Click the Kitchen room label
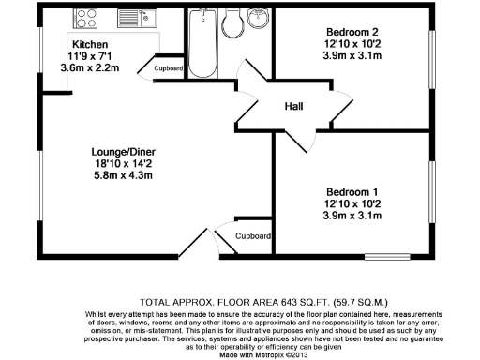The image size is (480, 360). point(90,44)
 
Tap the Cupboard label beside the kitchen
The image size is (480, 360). point(169,68)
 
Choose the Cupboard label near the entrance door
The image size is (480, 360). point(252,236)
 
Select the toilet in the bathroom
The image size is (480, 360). point(232,22)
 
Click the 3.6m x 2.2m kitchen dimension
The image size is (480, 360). point(90,68)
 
